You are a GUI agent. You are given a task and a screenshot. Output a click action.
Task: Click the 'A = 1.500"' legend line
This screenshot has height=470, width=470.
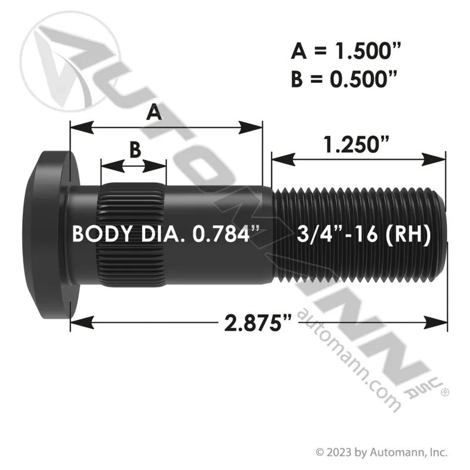(x=345, y=51)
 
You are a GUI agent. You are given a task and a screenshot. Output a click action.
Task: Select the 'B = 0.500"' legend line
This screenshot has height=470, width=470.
(x=345, y=79)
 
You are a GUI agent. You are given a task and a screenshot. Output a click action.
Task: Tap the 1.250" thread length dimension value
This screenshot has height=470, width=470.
(x=357, y=144)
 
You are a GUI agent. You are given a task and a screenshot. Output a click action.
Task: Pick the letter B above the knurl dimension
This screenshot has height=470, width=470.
(x=135, y=149)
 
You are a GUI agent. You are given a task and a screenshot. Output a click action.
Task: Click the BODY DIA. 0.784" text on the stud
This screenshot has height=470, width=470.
(x=166, y=234)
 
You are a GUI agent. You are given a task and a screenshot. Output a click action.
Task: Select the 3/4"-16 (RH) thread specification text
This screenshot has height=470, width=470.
(x=364, y=234)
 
